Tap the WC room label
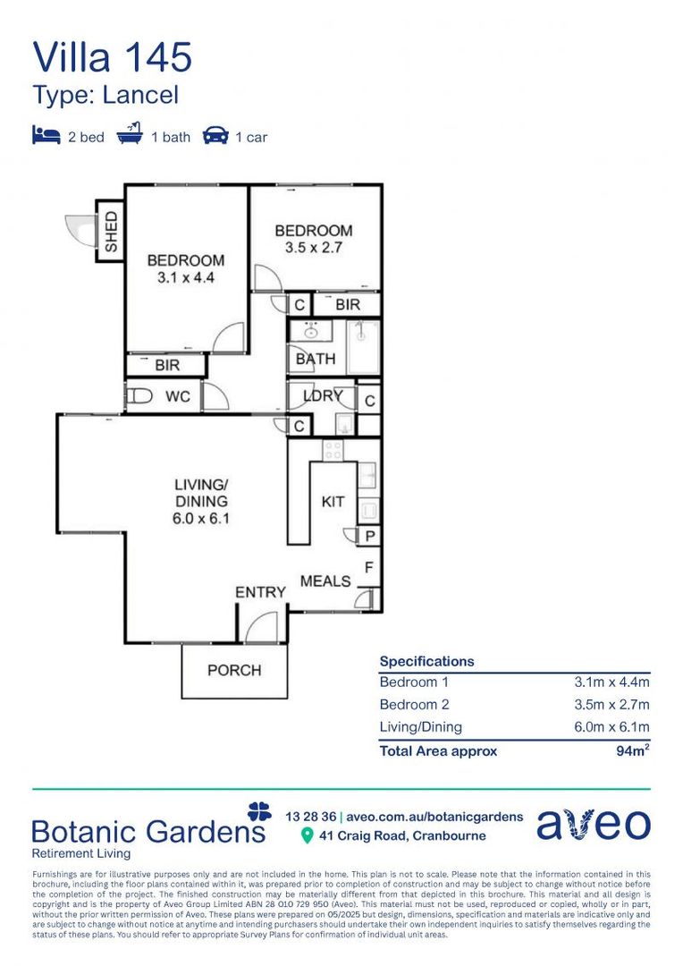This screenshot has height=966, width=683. (178, 396)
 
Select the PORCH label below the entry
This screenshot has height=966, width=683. (234, 670)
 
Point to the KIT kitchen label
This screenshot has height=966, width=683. (333, 502)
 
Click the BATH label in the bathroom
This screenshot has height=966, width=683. (316, 359)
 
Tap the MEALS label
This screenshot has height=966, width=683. (325, 581)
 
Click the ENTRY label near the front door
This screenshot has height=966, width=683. (260, 592)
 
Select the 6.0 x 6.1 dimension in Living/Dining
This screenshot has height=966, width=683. (201, 518)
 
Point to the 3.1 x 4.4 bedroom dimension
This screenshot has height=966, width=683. (185, 277)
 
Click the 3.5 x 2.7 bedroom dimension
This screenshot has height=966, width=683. (313, 248)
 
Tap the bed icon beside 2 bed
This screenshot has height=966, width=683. (46, 136)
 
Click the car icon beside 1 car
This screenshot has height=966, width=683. (215, 136)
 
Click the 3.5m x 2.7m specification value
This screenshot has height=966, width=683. (611, 705)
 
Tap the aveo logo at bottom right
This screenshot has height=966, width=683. (594, 824)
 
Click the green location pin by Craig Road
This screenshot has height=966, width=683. (307, 836)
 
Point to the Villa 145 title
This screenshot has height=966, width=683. (113, 57)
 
